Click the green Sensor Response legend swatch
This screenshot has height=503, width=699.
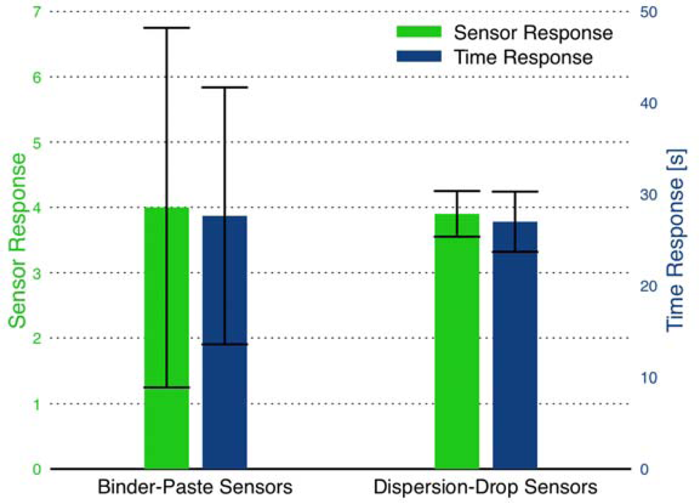[418, 32]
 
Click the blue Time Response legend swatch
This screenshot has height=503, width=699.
[418, 56]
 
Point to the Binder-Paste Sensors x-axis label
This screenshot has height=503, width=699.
[195, 487]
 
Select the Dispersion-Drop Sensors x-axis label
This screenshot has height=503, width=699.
[485, 487]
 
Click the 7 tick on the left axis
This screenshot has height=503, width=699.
[37, 12]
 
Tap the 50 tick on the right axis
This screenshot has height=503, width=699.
[649, 12]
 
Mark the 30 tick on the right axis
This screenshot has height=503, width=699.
[649, 195]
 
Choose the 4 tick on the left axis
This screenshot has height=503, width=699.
[37, 208]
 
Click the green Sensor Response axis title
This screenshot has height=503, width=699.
[18, 240]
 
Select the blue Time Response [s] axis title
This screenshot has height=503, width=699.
[675, 240]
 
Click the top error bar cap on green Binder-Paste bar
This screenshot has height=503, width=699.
[166, 28]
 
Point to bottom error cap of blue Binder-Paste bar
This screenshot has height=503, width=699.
[225, 345]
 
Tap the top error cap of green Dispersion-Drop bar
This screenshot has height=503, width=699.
[457, 191]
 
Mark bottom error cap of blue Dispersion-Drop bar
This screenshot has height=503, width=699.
[515, 251]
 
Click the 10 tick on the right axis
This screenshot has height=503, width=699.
[649, 378]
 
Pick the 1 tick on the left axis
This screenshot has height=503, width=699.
[37, 404]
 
